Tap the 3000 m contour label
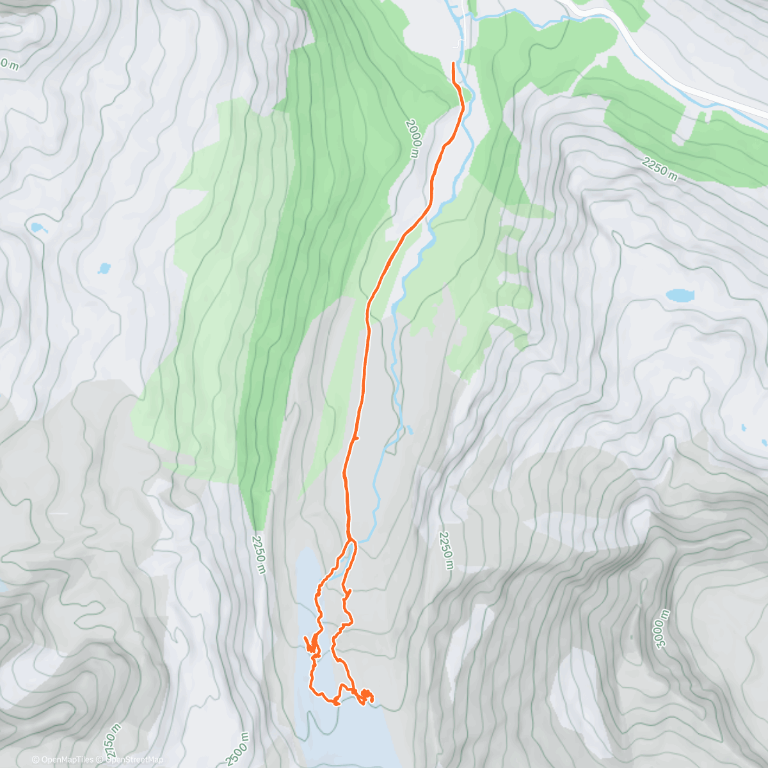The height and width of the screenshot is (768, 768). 662,628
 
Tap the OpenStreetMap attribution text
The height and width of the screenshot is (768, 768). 134,760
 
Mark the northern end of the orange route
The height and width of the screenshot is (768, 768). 454,64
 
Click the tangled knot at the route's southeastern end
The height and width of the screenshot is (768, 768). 366,696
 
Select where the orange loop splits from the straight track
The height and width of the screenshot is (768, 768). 351,541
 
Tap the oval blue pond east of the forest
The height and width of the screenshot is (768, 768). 679,295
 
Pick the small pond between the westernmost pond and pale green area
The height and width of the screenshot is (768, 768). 103,268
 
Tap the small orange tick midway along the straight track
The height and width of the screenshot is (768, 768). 356,438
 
